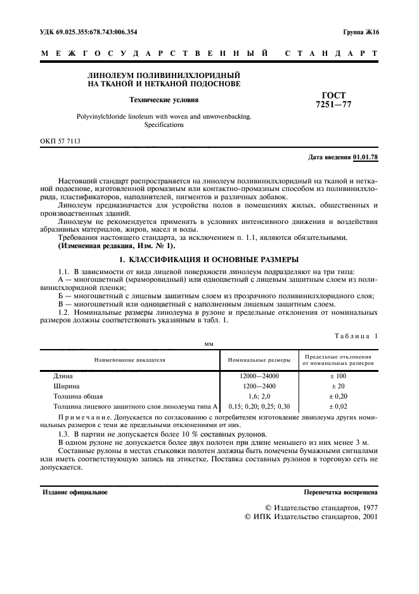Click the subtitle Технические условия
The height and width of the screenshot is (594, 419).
(x=164, y=100)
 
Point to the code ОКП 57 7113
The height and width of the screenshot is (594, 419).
(x=61, y=143)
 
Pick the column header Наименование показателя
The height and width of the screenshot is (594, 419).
(x=130, y=359)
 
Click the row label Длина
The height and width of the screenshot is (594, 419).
(x=65, y=376)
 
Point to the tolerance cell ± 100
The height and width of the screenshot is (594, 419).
(x=337, y=376)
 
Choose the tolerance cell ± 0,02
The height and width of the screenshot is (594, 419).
(x=337, y=406)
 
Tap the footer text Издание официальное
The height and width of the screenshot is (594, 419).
(x=75, y=492)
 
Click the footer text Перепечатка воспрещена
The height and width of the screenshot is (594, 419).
(x=341, y=492)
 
